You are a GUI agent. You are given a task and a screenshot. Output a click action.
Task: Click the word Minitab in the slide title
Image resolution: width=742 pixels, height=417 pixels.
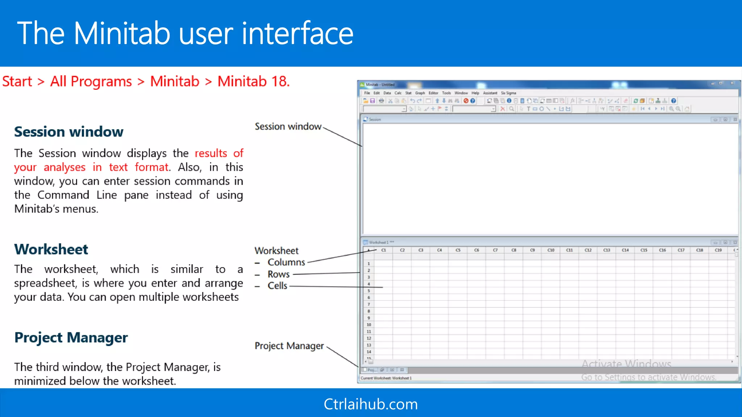tap(122, 33)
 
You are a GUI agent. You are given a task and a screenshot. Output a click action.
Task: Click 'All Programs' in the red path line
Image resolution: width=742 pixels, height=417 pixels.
tap(91, 81)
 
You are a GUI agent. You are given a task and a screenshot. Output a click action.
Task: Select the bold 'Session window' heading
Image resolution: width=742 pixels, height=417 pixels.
tap(68, 132)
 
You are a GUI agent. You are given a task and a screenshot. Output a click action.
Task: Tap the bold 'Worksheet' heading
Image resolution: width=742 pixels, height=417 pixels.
tap(51, 249)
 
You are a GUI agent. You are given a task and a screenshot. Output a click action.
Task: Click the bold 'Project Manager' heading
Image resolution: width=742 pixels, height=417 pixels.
tap(71, 337)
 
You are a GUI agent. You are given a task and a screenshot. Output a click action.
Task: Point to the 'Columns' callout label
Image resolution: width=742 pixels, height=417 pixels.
tap(286, 262)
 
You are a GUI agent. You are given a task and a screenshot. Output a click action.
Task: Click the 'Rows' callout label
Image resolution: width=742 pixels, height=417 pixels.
tap(279, 274)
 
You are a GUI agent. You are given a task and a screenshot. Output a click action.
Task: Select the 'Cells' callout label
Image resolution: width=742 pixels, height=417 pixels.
tap(277, 286)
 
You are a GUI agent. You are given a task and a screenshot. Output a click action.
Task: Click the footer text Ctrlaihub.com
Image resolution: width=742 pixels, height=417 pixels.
tap(371, 404)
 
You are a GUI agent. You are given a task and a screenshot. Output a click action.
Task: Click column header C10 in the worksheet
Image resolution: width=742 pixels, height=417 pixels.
tap(551, 250)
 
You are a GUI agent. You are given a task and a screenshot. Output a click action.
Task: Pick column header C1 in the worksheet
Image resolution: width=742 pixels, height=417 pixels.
tap(384, 250)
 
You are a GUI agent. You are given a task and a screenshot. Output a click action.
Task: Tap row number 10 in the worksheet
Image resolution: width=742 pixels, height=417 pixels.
tap(369, 325)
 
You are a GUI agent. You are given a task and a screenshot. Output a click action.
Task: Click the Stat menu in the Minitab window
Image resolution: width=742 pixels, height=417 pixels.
tap(408, 93)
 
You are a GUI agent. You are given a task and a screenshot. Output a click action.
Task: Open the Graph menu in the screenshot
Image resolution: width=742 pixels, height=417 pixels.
tap(420, 93)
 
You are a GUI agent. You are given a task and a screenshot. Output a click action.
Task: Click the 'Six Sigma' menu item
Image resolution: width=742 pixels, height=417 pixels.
tap(508, 93)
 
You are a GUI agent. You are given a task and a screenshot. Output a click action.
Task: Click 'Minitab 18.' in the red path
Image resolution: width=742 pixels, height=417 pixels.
tap(254, 81)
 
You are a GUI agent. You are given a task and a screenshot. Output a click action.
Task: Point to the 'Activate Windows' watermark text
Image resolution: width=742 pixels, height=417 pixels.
tap(626, 364)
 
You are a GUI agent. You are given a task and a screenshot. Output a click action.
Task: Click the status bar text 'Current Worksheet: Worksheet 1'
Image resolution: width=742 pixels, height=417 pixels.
tap(386, 378)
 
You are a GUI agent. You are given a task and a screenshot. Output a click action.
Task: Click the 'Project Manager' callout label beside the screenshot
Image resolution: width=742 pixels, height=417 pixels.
tap(289, 346)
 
